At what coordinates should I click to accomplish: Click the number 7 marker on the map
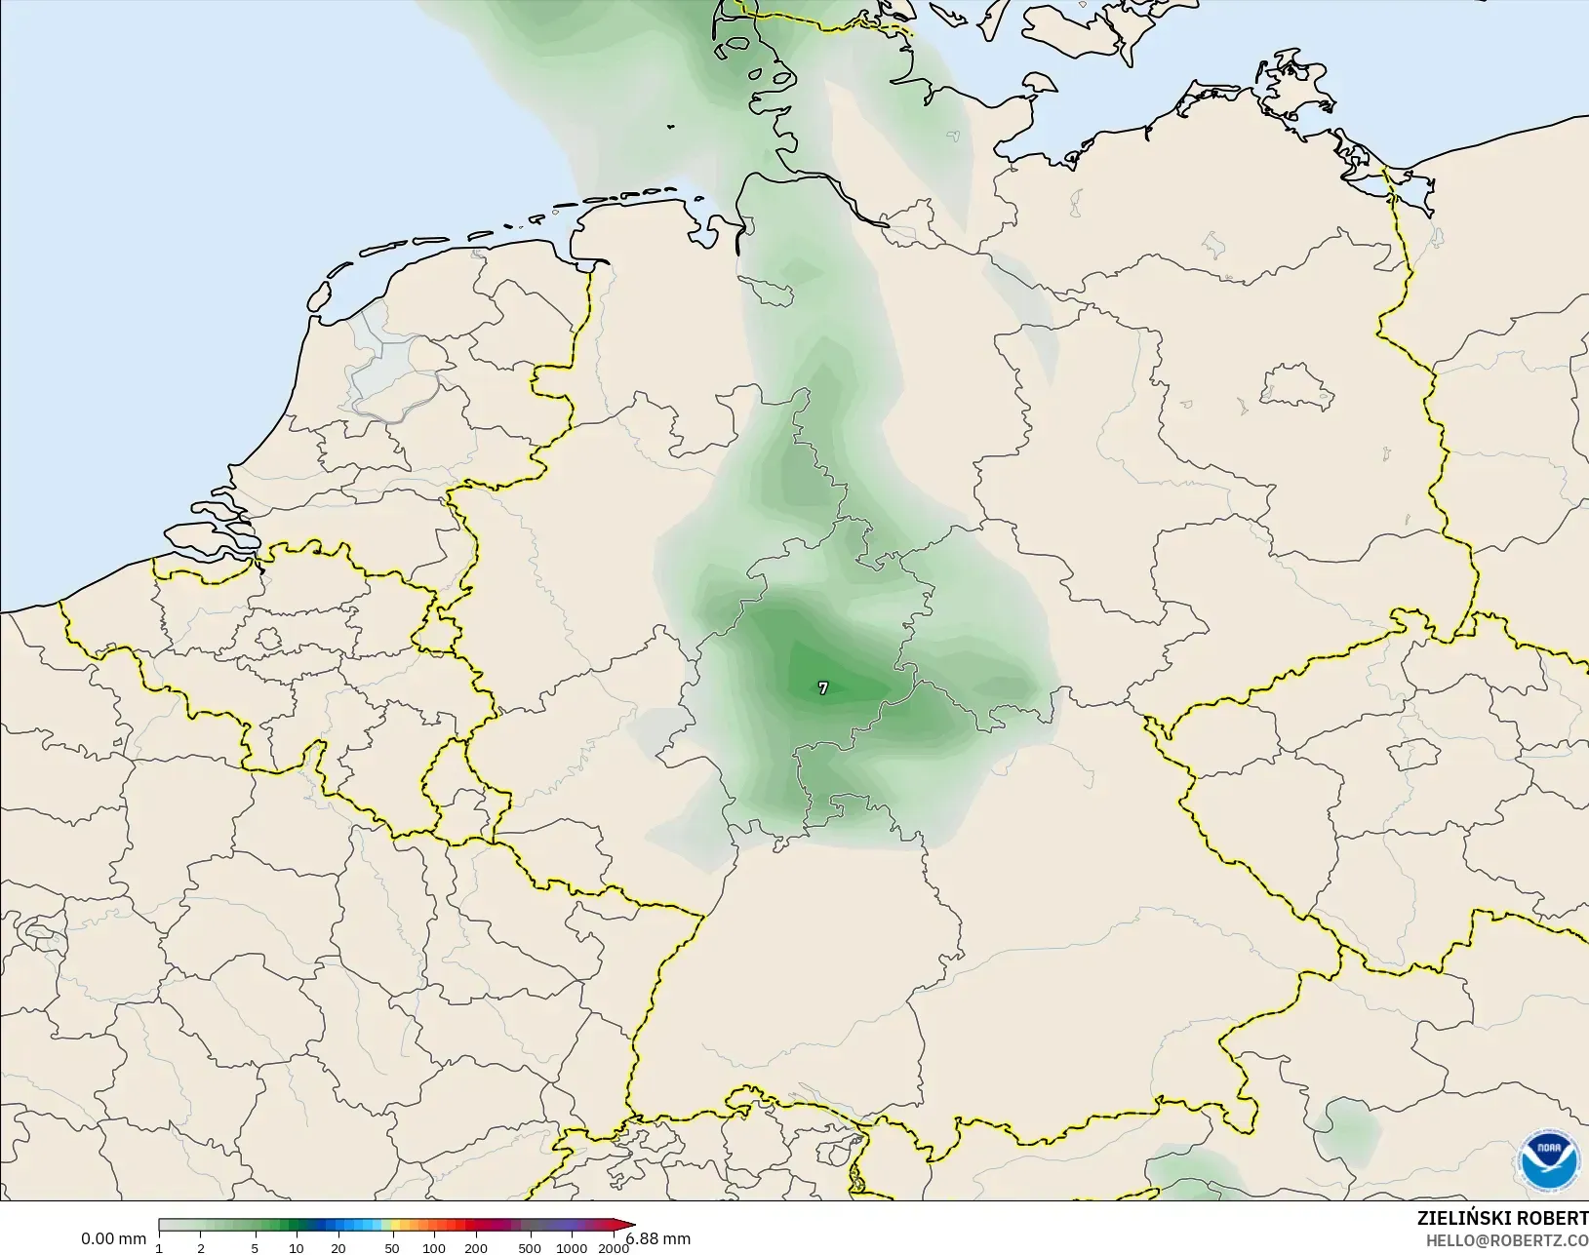pos(823,688)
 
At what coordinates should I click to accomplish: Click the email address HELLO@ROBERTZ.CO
pos(1507,1240)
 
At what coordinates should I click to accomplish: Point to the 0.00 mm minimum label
pos(113,1238)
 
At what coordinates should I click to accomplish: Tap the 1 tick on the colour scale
pos(159,1248)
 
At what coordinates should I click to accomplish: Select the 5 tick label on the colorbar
pos(255,1248)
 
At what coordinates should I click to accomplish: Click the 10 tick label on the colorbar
pos(296,1248)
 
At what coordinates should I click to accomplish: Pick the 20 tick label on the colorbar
pos(338,1248)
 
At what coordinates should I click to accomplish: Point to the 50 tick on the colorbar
pos(392,1248)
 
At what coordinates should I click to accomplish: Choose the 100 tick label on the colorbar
pos(434,1248)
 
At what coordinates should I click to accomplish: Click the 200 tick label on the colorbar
pos(476,1248)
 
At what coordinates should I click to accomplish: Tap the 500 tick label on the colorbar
pos(530,1248)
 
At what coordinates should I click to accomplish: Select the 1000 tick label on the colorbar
pos(572,1248)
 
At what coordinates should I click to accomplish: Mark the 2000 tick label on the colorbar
pos(613,1248)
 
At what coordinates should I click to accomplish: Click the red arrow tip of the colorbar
pos(629,1226)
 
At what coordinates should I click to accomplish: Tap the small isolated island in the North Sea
pos(671,126)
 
